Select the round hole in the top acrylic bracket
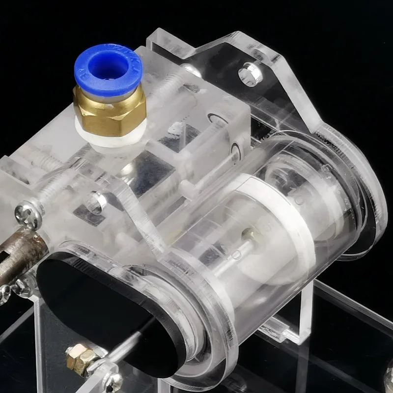[249, 74]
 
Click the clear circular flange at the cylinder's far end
[364, 196]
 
